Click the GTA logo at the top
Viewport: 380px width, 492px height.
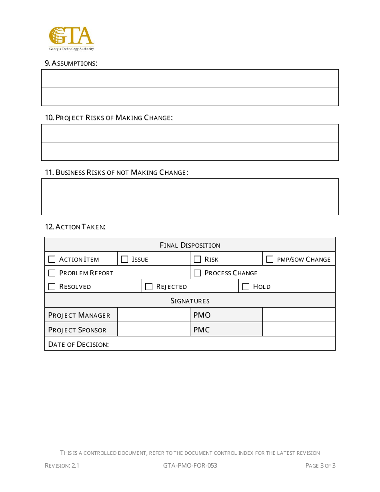71,38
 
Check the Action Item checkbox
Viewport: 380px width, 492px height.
52,259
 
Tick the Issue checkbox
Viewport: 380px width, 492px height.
125,259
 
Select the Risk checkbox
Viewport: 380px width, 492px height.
198,259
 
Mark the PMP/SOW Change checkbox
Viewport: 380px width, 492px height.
270,259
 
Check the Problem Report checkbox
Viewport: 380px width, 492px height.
52,273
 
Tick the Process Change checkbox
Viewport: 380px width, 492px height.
198,273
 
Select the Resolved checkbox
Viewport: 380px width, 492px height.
52,286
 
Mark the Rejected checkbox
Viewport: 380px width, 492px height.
149,286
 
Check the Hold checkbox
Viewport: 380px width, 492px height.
246,286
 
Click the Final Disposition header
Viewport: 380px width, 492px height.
190,245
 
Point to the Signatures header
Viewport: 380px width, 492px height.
190,301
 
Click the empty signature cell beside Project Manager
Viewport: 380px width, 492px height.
154,315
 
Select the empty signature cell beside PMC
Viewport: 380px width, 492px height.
298,329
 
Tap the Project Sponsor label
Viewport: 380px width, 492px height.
77,330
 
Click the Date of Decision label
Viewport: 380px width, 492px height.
78,344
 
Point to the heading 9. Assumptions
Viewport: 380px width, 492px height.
71,63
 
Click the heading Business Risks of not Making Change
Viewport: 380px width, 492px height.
116,172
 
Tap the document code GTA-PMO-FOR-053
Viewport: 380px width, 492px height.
190,465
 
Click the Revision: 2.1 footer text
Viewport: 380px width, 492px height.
62,465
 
